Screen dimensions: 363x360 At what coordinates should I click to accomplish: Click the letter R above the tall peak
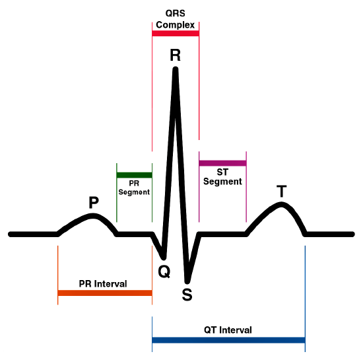click(176, 55)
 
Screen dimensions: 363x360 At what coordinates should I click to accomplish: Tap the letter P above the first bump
click(94, 202)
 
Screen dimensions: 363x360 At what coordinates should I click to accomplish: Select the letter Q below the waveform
click(164, 271)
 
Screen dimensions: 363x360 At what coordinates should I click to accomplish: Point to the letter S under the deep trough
click(187, 295)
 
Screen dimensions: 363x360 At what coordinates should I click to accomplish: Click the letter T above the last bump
click(282, 191)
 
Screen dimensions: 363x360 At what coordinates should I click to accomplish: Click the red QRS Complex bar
click(176, 34)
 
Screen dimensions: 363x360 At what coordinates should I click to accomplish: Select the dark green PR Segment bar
click(134, 175)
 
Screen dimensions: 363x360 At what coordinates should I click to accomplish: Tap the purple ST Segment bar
click(222, 163)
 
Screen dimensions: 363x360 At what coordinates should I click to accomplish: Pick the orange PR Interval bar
click(105, 293)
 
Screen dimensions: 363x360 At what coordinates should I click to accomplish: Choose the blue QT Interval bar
click(228, 340)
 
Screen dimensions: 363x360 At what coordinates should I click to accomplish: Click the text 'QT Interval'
click(228, 330)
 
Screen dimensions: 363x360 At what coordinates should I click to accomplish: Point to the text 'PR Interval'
click(103, 283)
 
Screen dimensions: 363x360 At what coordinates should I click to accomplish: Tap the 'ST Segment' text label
click(222, 177)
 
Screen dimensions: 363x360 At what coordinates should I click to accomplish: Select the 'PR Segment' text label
click(134, 188)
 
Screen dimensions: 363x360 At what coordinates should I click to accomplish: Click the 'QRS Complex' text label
click(176, 19)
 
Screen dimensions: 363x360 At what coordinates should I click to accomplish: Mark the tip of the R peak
click(176, 69)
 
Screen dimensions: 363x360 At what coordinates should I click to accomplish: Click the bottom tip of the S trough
click(187, 281)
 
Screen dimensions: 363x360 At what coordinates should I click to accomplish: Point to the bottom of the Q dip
click(164, 258)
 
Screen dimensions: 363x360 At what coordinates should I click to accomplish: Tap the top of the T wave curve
click(281, 205)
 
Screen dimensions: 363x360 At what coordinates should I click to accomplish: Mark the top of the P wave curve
click(93, 216)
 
